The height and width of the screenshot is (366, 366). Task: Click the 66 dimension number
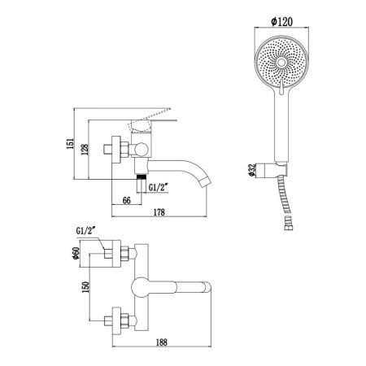(127, 200)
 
